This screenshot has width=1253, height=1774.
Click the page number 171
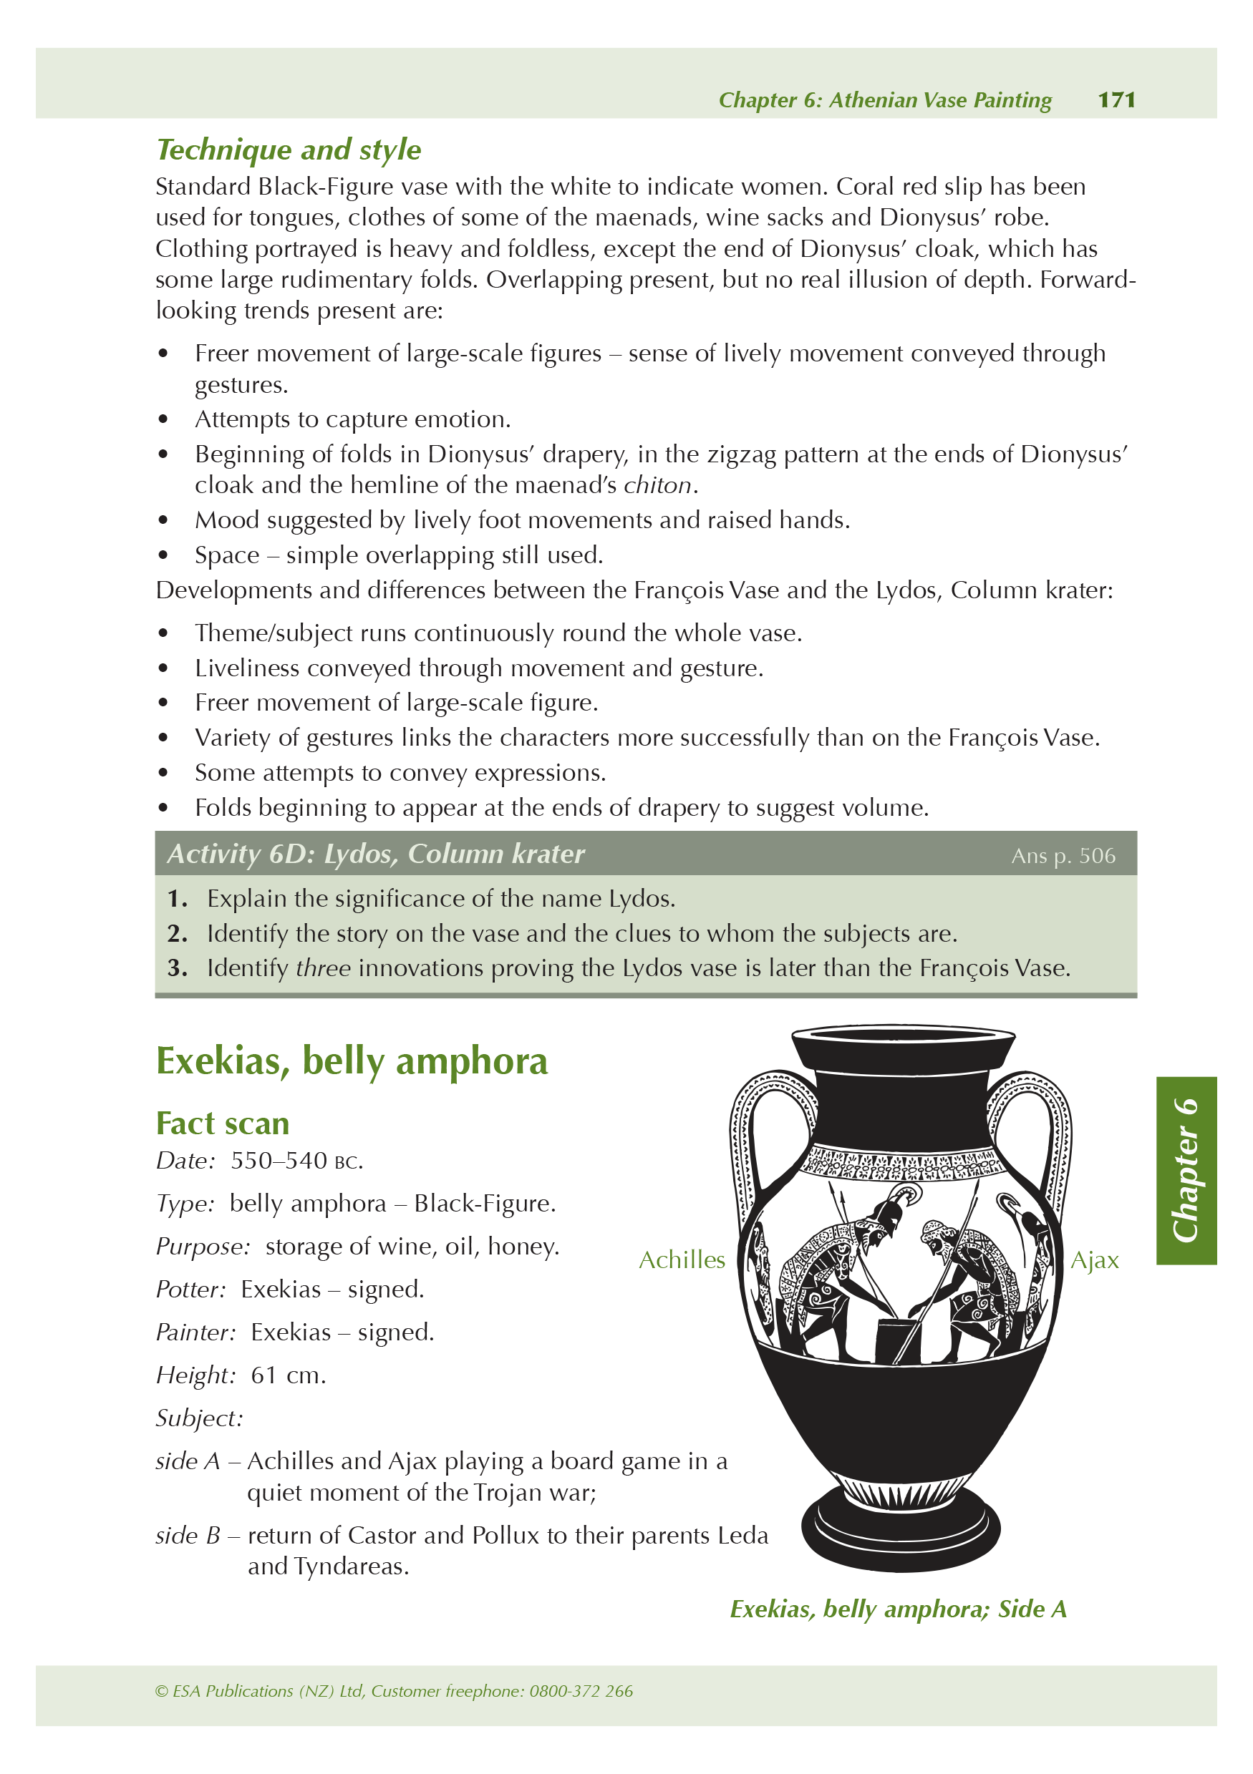coord(1116,99)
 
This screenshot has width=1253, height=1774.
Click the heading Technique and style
coord(289,149)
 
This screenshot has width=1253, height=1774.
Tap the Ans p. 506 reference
coord(1062,855)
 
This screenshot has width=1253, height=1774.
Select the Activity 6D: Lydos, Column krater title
coord(376,854)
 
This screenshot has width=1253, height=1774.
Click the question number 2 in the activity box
coord(177,933)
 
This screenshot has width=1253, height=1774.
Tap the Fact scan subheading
coord(223,1123)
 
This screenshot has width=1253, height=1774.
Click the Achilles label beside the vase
coord(681,1259)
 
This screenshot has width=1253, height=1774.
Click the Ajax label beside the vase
coord(1094,1259)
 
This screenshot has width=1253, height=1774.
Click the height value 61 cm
coord(288,1375)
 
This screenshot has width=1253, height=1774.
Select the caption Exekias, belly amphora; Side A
coord(897,1609)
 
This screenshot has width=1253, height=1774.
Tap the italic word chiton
coord(657,485)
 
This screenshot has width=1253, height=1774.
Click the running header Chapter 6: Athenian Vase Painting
coord(884,99)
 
